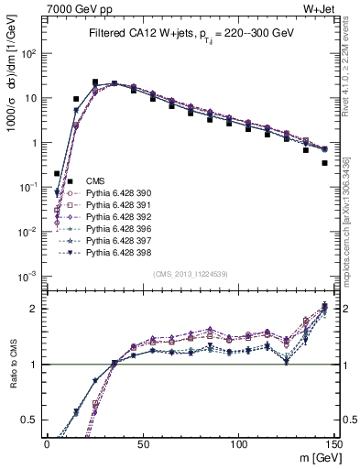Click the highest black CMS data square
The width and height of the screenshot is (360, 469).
click(95, 82)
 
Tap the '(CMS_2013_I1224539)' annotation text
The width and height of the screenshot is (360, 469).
click(191, 273)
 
